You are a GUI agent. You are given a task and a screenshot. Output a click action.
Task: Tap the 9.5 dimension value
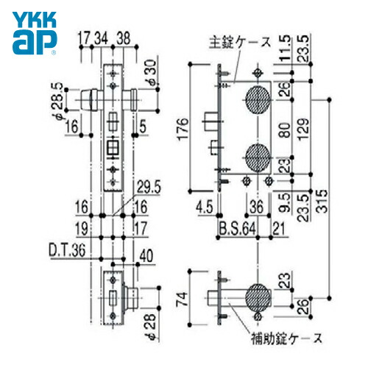click(x=283, y=197)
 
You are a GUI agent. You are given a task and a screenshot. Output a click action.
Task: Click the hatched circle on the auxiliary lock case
click(x=257, y=294)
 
